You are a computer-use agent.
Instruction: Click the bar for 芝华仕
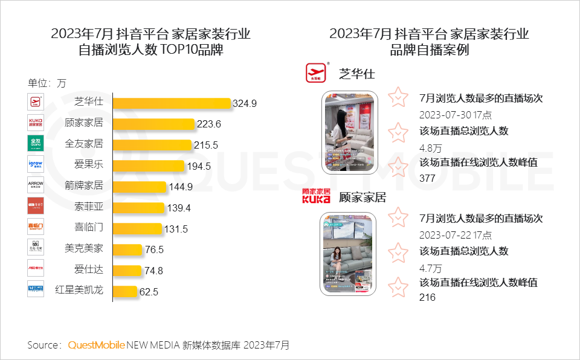pyautogui.click(x=172, y=103)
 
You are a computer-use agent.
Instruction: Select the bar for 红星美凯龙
pyautogui.click(x=125, y=291)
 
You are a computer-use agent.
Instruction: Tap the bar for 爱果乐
pyautogui.click(x=149, y=166)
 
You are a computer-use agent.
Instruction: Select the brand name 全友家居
pyautogui.click(x=84, y=144)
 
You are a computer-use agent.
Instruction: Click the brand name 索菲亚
pyautogui.click(x=88, y=207)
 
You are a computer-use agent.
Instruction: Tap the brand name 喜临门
pyautogui.click(x=88, y=228)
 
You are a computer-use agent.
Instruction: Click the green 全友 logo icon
pyautogui.click(x=36, y=144)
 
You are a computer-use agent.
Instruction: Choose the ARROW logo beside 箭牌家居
pyautogui.click(x=36, y=185)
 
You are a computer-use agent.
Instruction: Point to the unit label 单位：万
pyautogui.click(x=47, y=83)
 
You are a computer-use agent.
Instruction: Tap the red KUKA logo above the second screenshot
pyautogui.click(x=316, y=196)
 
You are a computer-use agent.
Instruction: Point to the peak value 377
pyautogui.click(x=427, y=178)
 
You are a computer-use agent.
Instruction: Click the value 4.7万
pyautogui.click(x=430, y=268)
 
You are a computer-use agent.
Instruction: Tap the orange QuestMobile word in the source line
pyautogui.click(x=96, y=346)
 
